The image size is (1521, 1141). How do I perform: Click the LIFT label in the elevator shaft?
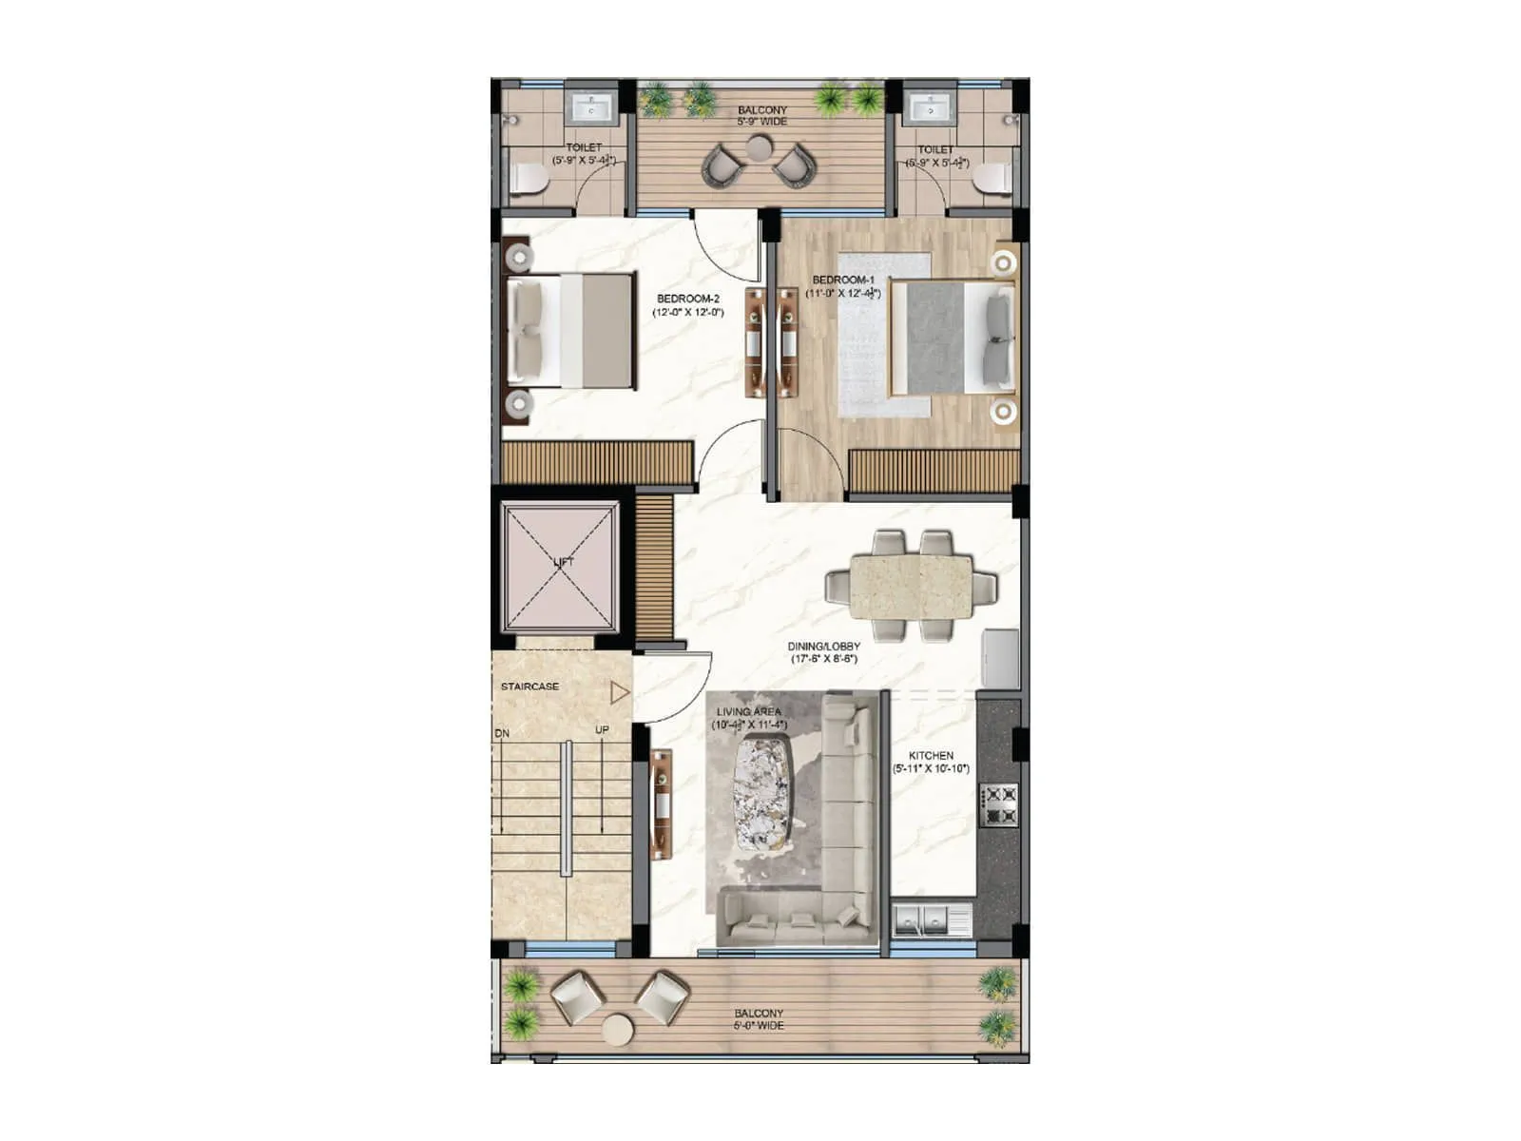click(x=564, y=562)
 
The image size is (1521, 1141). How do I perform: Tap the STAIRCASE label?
click(x=530, y=687)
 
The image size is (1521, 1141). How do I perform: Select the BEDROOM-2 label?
click(x=688, y=300)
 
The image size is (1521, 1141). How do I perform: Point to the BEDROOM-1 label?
click(x=842, y=280)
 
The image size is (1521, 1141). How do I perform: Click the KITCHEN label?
click(x=931, y=756)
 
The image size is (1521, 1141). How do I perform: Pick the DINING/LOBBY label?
click(x=823, y=647)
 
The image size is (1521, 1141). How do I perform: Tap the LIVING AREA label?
click(x=749, y=712)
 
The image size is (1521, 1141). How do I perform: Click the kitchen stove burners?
click(x=997, y=804)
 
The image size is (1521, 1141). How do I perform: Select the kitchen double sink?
click(x=920, y=919)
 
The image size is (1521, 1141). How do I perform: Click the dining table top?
click(x=911, y=587)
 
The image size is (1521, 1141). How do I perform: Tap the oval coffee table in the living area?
click(x=762, y=792)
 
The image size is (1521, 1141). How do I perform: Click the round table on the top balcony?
click(x=759, y=149)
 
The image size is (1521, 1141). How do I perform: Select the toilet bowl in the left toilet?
click(x=529, y=179)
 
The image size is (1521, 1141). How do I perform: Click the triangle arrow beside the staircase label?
click(x=620, y=692)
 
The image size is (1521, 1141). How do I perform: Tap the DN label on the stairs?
click(x=502, y=734)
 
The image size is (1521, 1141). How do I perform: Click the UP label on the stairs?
click(x=602, y=730)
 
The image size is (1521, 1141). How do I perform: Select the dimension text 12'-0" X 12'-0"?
click(x=688, y=312)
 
